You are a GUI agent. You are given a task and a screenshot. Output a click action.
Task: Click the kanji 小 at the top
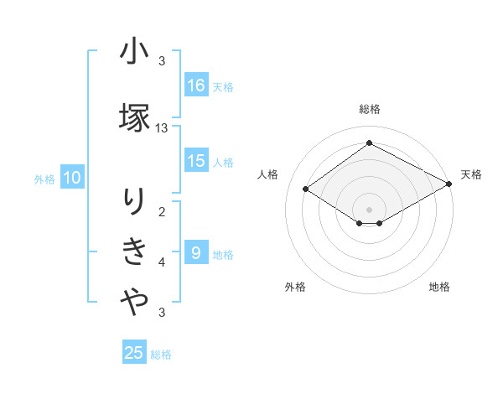[x=134, y=53]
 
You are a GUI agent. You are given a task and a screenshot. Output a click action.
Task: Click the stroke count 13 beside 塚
[x=162, y=128]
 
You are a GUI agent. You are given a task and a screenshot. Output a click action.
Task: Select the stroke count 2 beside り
[x=162, y=211]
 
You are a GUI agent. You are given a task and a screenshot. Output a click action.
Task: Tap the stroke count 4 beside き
[x=162, y=262]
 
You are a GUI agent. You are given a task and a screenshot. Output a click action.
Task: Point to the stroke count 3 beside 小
[x=162, y=61]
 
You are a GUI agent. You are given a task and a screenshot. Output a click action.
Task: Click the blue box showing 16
[x=196, y=86]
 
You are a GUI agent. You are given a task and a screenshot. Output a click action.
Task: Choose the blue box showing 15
[x=196, y=162]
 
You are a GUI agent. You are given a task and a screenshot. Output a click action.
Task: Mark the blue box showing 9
[x=196, y=253]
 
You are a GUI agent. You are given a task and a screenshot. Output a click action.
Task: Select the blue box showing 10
[x=71, y=178]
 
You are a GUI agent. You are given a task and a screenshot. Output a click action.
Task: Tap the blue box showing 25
[x=134, y=353]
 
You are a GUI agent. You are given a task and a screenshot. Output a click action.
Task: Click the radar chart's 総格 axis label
[x=369, y=109]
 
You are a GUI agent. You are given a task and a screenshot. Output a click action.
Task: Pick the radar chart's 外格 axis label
[x=295, y=287]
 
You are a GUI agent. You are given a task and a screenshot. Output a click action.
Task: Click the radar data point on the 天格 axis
[x=450, y=184]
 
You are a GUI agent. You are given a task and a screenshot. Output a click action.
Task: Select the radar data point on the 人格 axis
[x=306, y=189]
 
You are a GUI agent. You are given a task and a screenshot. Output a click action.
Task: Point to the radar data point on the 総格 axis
[x=369, y=143]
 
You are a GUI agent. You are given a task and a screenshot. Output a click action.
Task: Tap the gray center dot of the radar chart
[x=369, y=209]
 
